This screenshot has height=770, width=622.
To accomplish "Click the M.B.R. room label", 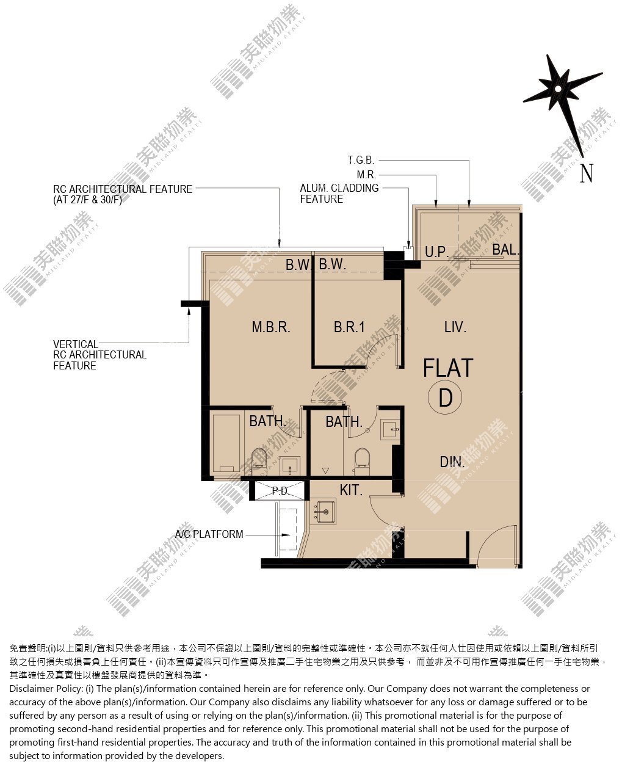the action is coord(270,327).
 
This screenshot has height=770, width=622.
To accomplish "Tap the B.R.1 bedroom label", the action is coord(349,327).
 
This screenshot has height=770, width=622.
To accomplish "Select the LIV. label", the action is coord(455,327).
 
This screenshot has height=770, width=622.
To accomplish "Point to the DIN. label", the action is coord(452,462).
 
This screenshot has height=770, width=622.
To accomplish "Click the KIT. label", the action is coord(350,490).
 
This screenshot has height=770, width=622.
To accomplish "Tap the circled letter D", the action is coord(445,398).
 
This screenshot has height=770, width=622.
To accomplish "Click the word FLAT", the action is coord(448,368).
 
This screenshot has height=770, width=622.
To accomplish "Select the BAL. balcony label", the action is coord(505,249).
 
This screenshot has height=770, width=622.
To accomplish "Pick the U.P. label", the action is coord(436,252).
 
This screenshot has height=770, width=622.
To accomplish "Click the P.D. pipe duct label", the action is coord(280,491).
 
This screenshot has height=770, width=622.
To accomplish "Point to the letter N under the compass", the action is coord(586,173).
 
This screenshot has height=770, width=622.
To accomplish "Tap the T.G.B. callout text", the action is coord(361,160).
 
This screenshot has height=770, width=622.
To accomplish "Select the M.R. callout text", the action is coord(366,175).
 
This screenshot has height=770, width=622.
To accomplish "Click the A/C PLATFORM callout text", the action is coord(209,534).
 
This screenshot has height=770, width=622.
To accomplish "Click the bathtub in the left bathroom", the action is coord(226,443).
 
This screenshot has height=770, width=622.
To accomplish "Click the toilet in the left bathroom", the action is coord(259,460).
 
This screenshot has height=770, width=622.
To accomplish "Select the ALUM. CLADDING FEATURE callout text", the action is coord(339,194).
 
